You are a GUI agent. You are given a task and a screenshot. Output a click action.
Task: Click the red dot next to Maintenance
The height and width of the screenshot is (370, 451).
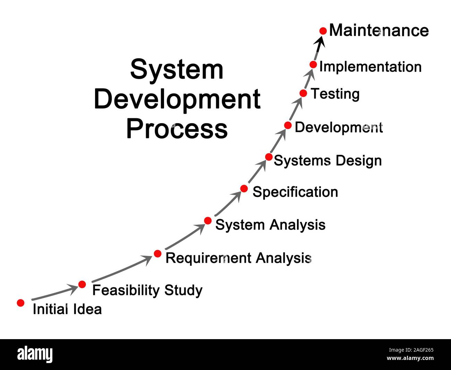click(x=323, y=31)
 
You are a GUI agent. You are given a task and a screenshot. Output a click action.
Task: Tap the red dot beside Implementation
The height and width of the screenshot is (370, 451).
click(x=313, y=64)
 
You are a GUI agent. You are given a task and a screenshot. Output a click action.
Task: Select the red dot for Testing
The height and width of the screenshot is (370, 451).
click(x=303, y=93)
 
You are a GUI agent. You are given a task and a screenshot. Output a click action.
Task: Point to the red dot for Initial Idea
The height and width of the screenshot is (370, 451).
click(x=21, y=303)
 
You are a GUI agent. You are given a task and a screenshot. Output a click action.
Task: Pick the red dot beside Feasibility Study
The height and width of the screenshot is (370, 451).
click(x=82, y=284)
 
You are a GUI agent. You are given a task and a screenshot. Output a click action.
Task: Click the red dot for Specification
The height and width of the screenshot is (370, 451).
click(x=244, y=189)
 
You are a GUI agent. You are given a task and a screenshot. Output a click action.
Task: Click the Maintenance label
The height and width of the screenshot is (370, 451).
click(x=379, y=31)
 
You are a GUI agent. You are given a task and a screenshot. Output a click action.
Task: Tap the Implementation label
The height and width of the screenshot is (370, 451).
click(x=370, y=67)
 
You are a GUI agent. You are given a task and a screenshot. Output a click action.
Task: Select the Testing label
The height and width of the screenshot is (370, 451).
click(x=335, y=94)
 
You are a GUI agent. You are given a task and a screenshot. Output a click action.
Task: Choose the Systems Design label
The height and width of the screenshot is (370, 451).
click(x=328, y=161)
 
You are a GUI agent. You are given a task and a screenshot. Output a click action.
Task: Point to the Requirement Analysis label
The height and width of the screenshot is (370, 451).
click(x=238, y=258)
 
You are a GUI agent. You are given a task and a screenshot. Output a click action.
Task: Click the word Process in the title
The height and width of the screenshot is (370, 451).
click(x=177, y=129)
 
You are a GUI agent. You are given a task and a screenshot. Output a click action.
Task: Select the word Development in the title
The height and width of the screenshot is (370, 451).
click(x=177, y=99)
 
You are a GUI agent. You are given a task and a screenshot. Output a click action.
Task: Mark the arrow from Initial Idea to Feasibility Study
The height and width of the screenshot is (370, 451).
click(x=54, y=293)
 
